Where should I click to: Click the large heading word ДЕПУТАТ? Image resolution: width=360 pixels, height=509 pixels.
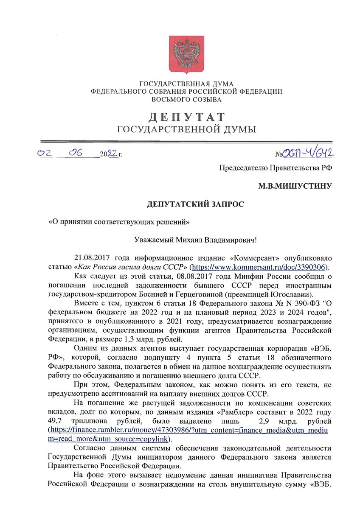pyautogui.click(x=186, y=117)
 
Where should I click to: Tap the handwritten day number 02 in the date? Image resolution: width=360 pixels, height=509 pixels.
pyautogui.click(x=45, y=154)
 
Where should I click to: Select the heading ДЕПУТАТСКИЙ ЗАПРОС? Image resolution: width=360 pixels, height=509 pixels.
pyautogui.click(x=196, y=204)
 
